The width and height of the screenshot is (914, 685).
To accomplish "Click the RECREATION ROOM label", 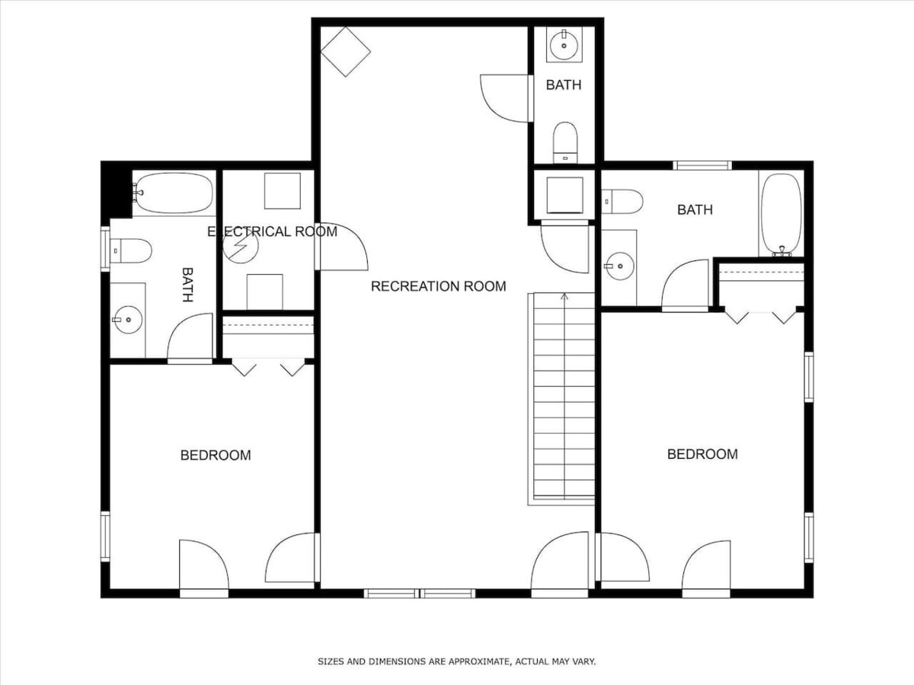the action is [439, 286].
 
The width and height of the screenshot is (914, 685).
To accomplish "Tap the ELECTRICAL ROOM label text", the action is [273, 231].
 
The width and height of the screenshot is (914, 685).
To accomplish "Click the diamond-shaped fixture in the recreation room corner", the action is [346, 52].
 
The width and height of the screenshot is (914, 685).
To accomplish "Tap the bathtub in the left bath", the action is [173, 193].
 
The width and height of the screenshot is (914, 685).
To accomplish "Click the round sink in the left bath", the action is [128, 320].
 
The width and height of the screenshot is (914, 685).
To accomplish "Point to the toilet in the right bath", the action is [622, 202].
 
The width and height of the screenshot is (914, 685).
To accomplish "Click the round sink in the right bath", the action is [620, 266].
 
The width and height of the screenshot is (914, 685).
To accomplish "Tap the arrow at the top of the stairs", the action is [564, 297].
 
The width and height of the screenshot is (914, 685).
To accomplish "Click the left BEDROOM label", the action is [216, 455].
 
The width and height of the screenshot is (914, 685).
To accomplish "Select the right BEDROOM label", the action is [702, 454].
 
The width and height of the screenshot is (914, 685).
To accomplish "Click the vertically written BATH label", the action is [187, 285].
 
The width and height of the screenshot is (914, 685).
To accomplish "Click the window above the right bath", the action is [702, 165].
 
